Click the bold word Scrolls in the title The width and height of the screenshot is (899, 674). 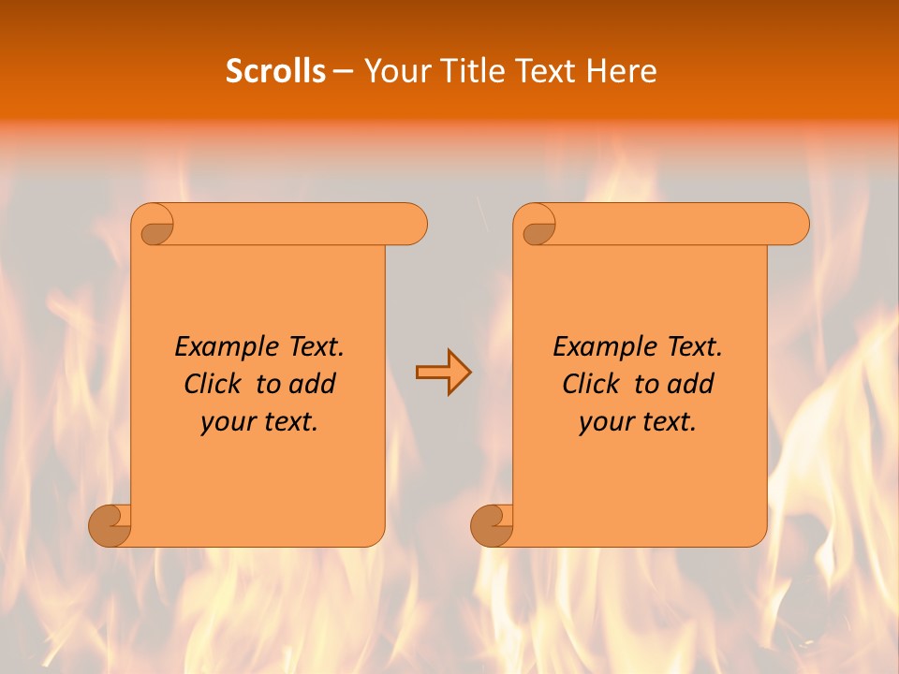coord(275,71)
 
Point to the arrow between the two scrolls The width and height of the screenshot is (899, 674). coord(443,373)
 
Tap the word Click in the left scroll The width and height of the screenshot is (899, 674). coord(214,384)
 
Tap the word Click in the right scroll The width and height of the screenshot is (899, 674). coord(592,384)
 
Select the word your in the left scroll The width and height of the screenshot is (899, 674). coord(227,422)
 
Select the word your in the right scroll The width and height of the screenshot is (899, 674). coord(605,422)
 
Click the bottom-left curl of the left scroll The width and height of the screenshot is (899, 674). coord(111,525)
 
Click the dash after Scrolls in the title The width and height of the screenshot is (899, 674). coord(344,72)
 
